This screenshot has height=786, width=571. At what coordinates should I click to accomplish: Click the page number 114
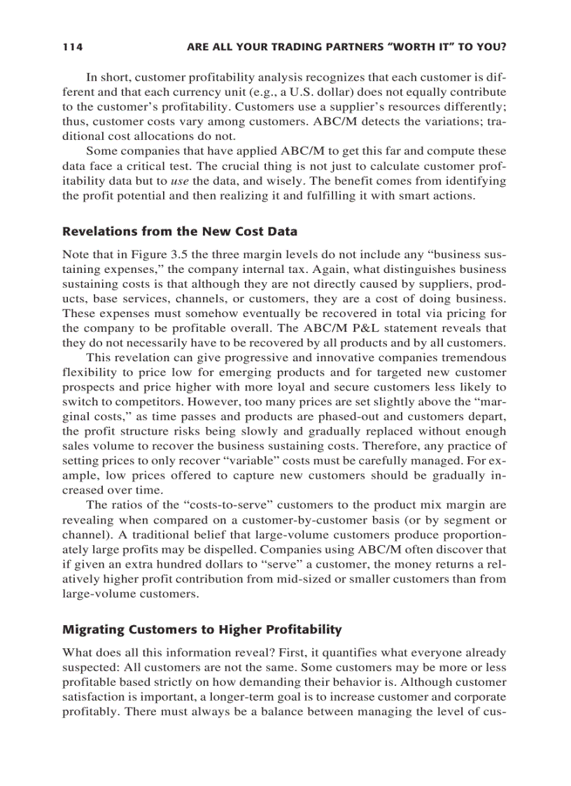pos(72,48)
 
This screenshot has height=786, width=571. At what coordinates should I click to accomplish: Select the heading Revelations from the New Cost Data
pos(180,232)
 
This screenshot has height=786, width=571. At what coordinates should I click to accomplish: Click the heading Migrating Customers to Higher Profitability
pos(202,629)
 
